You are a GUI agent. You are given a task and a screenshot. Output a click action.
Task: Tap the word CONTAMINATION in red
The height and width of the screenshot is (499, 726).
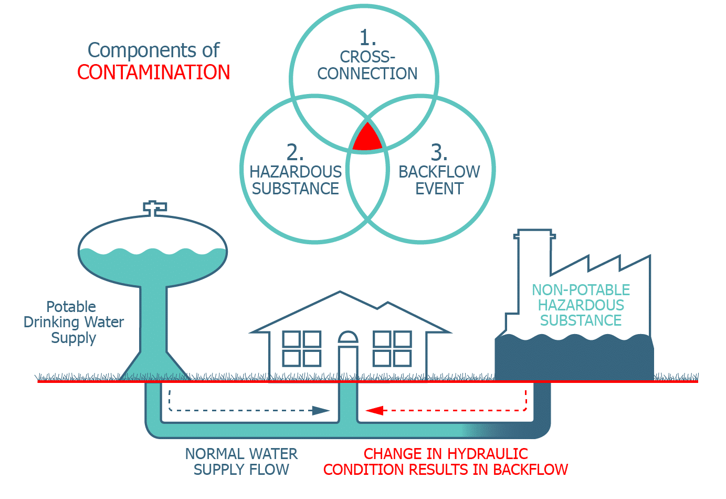(x=154, y=72)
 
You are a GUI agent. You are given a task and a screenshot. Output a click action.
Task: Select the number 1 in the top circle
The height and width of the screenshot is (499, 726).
(x=367, y=38)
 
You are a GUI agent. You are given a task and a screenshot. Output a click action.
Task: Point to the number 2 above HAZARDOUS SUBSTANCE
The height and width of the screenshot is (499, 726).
(x=294, y=152)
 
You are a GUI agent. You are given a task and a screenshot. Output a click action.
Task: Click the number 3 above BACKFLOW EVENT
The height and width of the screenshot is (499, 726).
(x=439, y=152)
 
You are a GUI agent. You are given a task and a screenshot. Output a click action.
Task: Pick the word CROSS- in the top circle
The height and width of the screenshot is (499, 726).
(x=367, y=57)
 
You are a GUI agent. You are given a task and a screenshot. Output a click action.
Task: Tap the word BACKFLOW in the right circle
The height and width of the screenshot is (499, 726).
(x=439, y=172)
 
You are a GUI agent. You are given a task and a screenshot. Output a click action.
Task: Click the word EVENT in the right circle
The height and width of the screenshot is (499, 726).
(x=439, y=189)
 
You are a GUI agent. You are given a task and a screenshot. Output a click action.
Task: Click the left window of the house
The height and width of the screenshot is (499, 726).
(x=302, y=348)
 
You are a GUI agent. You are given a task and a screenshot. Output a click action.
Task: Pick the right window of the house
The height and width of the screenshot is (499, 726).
(x=392, y=348)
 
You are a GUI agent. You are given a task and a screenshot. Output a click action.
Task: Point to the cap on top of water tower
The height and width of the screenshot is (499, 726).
(x=155, y=207)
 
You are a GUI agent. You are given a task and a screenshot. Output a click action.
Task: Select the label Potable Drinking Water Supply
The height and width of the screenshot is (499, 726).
(x=73, y=322)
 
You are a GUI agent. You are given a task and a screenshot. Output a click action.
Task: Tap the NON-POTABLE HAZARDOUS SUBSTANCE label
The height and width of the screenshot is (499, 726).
(x=581, y=305)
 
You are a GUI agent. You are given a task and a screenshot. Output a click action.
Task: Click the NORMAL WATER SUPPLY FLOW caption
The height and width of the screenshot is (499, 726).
(x=241, y=462)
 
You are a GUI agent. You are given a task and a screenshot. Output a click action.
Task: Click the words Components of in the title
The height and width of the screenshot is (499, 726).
(x=153, y=50)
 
